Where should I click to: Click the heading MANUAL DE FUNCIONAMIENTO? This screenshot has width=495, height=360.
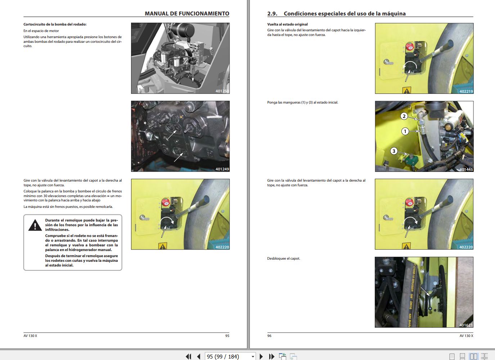pos(187,14)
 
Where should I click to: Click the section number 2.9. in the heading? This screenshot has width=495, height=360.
pos(272,14)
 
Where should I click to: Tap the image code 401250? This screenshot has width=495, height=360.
pos(222,91)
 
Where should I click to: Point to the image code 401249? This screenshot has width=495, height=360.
pos(222,169)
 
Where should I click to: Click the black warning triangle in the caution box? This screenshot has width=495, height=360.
pos(35,225)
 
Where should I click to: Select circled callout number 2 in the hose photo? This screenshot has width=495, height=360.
pos(404,116)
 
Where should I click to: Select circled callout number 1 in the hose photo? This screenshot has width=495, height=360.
pos(405,131)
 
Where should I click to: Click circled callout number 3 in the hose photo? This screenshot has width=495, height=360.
pos(394,151)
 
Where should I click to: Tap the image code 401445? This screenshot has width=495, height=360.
pos(466,169)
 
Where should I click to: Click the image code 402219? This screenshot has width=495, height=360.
pos(466,91)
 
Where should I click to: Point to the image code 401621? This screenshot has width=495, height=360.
pos(466,325)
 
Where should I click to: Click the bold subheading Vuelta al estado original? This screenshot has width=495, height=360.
pos(287,24)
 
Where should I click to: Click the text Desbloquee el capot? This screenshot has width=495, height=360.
pos(283,259)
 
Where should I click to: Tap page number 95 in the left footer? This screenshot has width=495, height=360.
pos(227,336)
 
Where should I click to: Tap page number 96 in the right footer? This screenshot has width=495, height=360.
pos(269,336)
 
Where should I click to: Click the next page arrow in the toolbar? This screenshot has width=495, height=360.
pos(261,356)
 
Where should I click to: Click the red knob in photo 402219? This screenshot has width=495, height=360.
pos(410,47)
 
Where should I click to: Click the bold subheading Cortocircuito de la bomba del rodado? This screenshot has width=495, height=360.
pos(55,24)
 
